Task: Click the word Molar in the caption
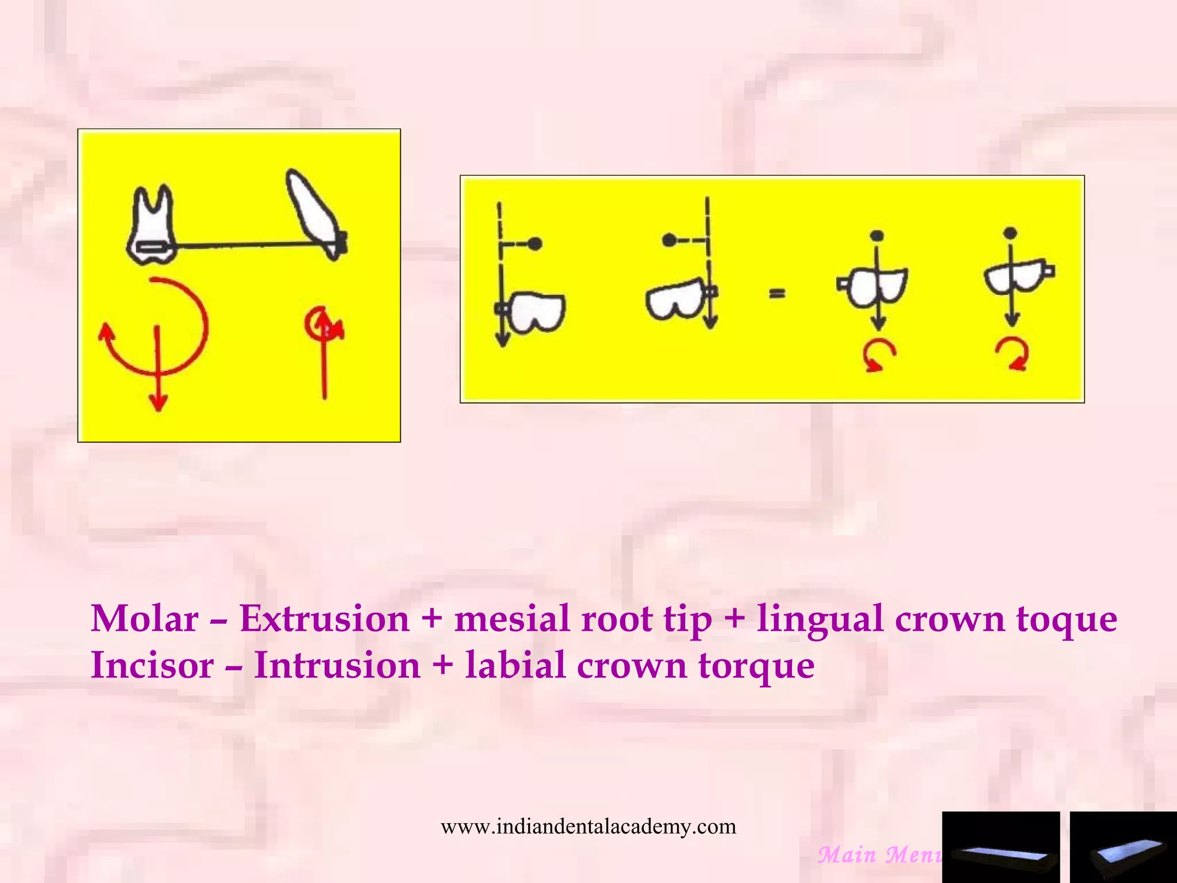click(x=144, y=619)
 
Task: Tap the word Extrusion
click(x=324, y=619)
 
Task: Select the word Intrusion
click(x=337, y=666)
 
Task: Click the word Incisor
click(x=152, y=666)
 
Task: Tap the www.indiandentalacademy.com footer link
click(x=588, y=827)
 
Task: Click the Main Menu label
click(x=879, y=855)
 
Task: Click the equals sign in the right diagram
click(x=776, y=294)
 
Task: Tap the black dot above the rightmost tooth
click(x=1010, y=233)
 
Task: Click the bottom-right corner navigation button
click(x=1123, y=847)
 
